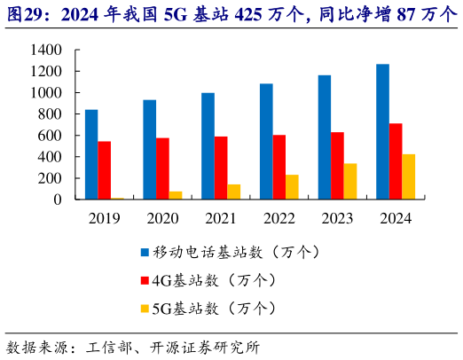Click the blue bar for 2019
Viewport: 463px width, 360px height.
91,154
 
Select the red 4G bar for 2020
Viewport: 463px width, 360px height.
162,168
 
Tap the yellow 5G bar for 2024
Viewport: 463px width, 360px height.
408,176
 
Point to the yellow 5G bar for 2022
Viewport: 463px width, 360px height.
292,187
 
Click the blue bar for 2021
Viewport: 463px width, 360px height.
208,145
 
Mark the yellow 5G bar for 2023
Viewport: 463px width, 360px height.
350,181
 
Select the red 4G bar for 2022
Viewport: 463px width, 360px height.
279,167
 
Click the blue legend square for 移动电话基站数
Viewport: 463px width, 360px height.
145,252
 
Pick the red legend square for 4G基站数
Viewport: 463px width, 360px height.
145,280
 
